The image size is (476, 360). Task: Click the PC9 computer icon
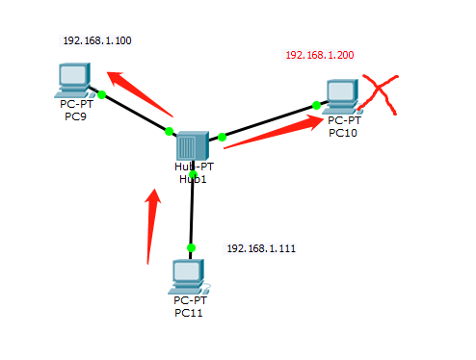coord(73,78)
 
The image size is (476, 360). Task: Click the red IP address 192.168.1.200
coord(319,55)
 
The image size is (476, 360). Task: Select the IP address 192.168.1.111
coord(260,248)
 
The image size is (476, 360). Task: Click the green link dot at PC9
coord(101,93)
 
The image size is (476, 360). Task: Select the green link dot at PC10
coord(316,105)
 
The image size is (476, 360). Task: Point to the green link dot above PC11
coord(191,247)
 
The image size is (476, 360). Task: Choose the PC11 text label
coord(188,312)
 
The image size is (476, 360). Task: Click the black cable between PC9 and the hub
coord(135,112)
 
